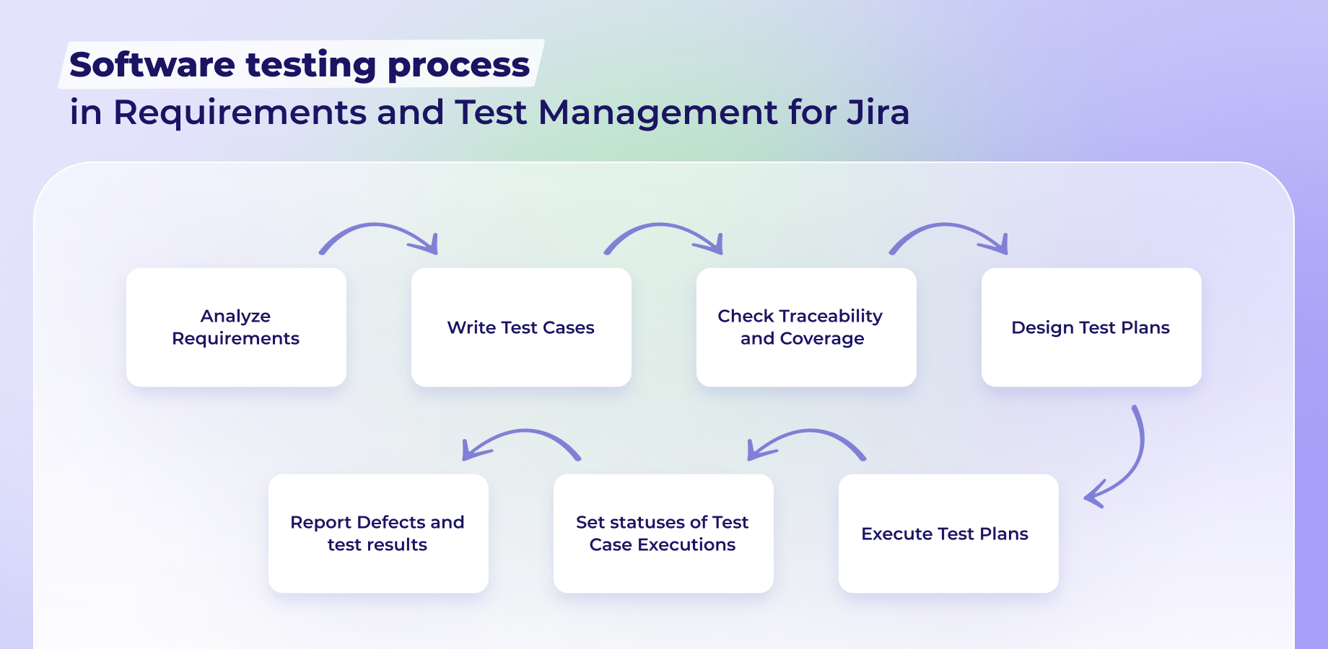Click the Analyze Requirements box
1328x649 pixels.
pyautogui.click(x=236, y=327)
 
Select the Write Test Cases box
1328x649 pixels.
pyautogui.click(x=521, y=327)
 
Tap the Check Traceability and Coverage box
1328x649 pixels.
pyautogui.click(x=806, y=327)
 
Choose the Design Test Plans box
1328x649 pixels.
pyautogui.click(x=1091, y=327)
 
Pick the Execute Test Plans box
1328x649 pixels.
pyautogui.click(x=948, y=534)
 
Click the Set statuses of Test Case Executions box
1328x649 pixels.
pyautogui.click(x=663, y=534)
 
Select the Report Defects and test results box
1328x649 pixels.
pyautogui.click(x=378, y=534)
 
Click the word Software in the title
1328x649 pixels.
pyautogui.click(x=152, y=65)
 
